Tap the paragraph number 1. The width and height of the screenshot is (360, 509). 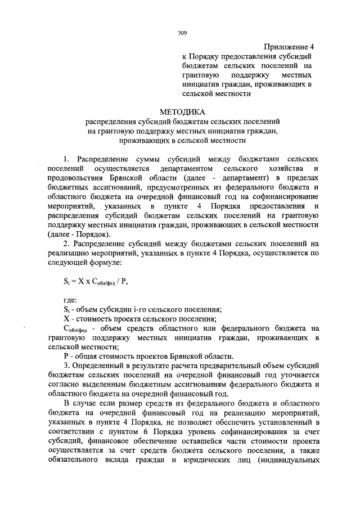pos(65,159)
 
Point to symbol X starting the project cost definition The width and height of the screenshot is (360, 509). pos(66,318)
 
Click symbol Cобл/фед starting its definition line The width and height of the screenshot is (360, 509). pos(73,328)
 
